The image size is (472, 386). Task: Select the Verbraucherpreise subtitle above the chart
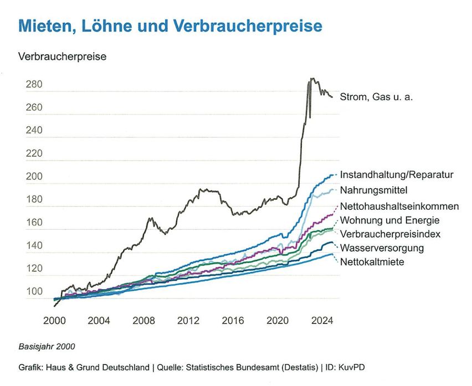62,57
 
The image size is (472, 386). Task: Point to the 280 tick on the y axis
34,85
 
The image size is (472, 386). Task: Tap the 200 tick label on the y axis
34,177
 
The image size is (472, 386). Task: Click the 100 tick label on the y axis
34,292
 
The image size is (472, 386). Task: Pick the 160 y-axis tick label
34,223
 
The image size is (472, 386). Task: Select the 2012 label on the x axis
188,320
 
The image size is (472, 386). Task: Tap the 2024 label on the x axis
322,320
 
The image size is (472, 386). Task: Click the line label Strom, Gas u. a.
377,97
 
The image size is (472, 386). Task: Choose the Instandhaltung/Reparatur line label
397,174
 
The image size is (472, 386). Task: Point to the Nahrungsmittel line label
374,191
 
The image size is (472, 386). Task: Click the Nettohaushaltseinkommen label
399,207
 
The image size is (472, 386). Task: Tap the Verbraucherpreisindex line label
390,234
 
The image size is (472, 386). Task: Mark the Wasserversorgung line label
382,248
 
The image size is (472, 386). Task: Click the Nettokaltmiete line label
372,261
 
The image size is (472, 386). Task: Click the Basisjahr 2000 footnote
47,347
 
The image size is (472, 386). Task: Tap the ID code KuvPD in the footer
351,367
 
